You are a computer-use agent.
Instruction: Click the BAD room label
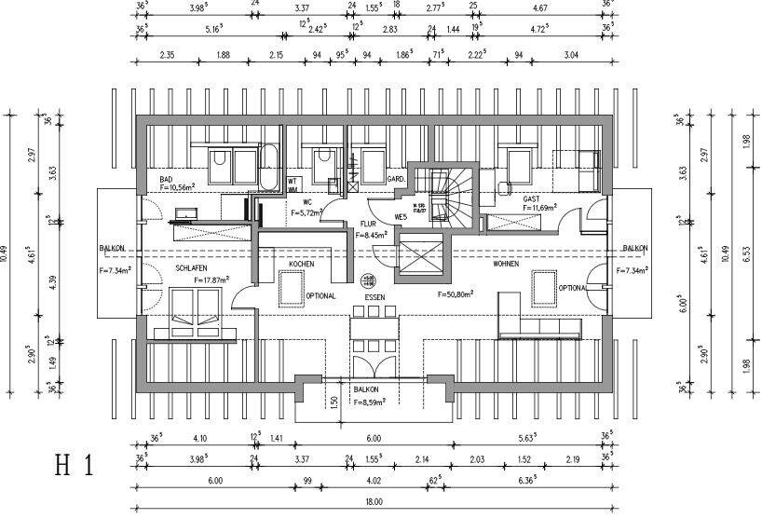(x=167, y=179)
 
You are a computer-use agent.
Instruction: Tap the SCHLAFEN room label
(x=190, y=267)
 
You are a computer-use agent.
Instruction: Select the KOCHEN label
(x=301, y=265)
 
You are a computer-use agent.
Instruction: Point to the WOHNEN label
(x=506, y=265)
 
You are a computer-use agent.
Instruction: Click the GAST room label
(x=531, y=198)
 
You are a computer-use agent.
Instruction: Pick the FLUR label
(x=367, y=225)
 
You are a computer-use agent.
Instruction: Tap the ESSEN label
(x=374, y=297)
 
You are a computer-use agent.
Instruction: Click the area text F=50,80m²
(x=456, y=293)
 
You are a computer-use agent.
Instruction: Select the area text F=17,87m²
(x=211, y=279)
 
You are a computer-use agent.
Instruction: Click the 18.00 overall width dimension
(x=374, y=501)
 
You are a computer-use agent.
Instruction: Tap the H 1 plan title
(x=75, y=466)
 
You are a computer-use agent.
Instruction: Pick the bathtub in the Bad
(x=269, y=168)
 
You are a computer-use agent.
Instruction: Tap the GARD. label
(x=395, y=178)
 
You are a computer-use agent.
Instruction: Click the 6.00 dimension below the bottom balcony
(x=374, y=437)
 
